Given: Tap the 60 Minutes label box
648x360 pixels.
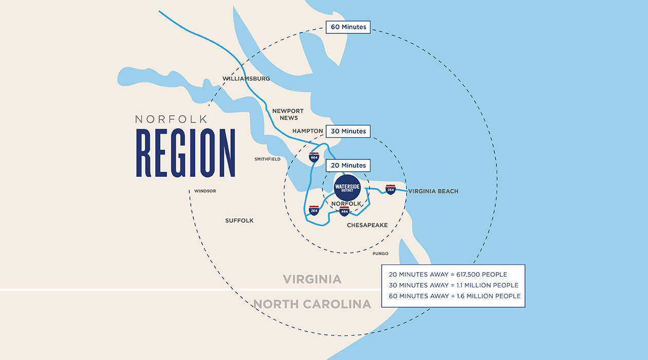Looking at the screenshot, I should pyautogui.click(x=348, y=27).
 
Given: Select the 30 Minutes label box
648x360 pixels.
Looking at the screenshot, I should pyautogui.click(x=348, y=131).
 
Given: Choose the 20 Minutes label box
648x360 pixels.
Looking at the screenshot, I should pyautogui.click(x=348, y=165).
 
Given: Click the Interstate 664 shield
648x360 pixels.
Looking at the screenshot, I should pyautogui.click(x=314, y=157).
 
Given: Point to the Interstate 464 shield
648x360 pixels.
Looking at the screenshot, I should pyautogui.click(x=344, y=211).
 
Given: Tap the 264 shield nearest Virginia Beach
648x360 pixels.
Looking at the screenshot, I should pyautogui.click(x=390, y=189).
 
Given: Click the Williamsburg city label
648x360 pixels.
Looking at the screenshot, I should pyautogui.click(x=246, y=79).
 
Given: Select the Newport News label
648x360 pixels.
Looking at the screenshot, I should pyautogui.click(x=288, y=114).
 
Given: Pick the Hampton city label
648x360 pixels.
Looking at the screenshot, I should pyautogui.click(x=308, y=131).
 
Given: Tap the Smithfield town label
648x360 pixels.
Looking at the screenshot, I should pyautogui.click(x=267, y=159).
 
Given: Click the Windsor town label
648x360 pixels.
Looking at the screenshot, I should pyautogui.click(x=205, y=191).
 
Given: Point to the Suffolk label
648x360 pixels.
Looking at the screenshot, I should pyautogui.click(x=239, y=221).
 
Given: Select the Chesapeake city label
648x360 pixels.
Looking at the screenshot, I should pyautogui.click(x=367, y=225).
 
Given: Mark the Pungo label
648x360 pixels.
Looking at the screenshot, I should pyautogui.click(x=381, y=254).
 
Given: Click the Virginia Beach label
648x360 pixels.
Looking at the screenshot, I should pyautogui.click(x=433, y=191).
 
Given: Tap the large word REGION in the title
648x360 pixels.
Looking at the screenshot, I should pyautogui.click(x=186, y=153).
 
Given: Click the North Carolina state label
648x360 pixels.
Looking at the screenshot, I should pyautogui.click(x=312, y=304).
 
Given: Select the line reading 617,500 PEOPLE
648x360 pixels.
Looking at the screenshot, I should pyautogui.click(x=447, y=274).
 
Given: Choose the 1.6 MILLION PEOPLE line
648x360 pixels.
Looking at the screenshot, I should pyautogui.click(x=455, y=296).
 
